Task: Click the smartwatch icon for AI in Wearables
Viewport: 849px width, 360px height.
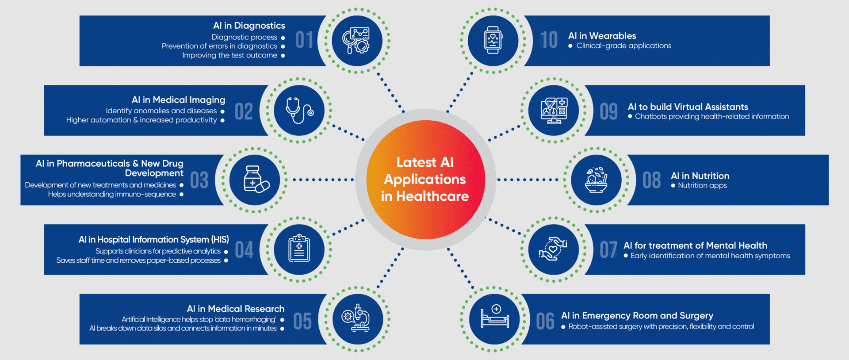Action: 493,40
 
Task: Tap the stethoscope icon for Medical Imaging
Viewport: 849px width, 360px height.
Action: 299,111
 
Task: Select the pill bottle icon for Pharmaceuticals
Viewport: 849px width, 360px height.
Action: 255,180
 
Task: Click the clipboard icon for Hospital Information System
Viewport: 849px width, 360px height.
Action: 299,249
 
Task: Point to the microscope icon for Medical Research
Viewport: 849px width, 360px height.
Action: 356,318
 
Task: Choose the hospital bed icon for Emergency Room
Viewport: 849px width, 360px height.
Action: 495,318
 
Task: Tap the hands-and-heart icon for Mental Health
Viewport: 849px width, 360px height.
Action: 553,249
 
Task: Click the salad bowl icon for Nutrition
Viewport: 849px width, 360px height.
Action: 596,180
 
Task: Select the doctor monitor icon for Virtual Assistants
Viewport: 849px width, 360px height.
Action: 554,111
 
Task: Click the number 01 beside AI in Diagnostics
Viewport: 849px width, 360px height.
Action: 304,40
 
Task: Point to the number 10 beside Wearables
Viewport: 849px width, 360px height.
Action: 549,40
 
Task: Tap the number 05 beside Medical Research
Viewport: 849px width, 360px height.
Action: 302,322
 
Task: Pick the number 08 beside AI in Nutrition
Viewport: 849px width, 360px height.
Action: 651,180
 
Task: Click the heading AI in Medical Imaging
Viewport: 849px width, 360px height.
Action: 178,100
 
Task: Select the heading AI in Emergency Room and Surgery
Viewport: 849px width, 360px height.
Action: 637,315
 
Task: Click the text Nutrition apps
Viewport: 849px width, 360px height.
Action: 702,186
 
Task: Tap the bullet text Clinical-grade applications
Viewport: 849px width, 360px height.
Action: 623,46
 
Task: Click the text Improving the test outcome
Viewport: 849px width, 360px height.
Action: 229,55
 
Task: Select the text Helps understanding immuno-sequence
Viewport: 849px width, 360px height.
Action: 112,194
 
